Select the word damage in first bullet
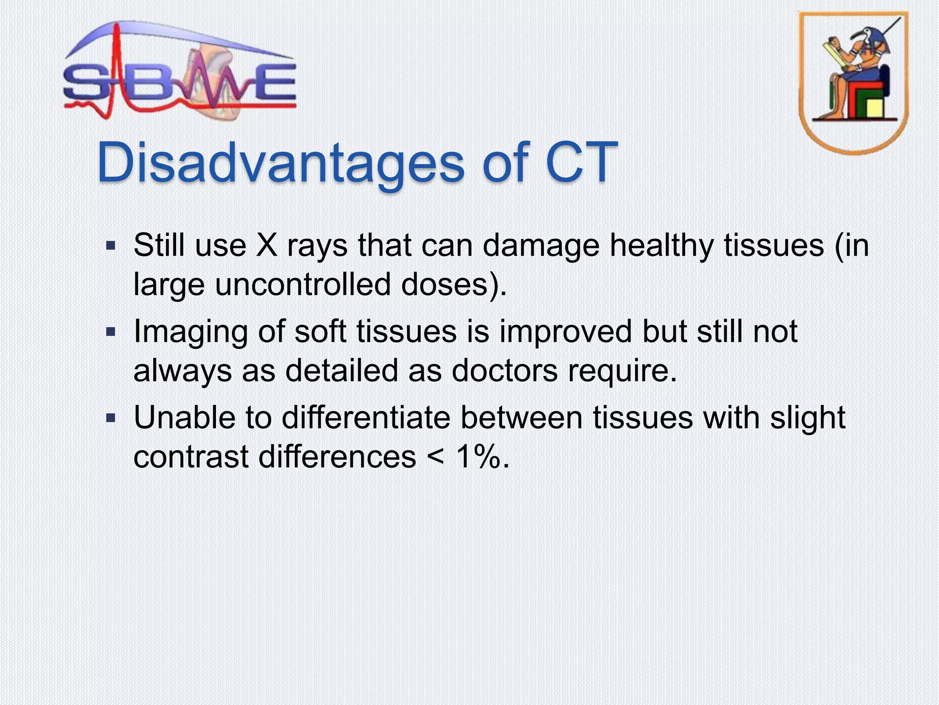click(541, 246)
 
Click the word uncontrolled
click(303, 285)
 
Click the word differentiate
click(365, 418)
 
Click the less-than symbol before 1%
click(436, 457)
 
